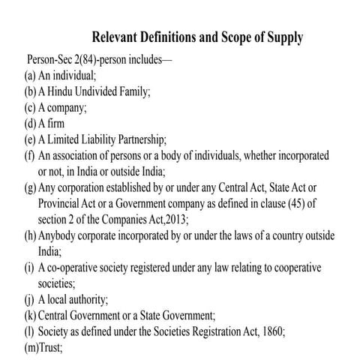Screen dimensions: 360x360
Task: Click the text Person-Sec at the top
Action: pos(52,59)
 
